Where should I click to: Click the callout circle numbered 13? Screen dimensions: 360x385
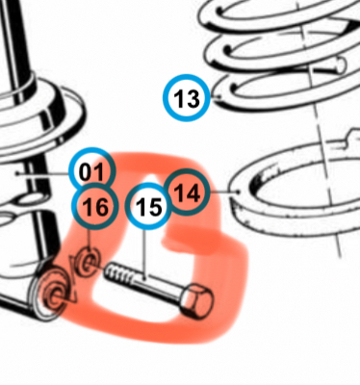point(187,97)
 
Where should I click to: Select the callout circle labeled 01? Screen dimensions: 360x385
point(91,170)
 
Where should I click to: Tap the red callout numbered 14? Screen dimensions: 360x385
point(187,192)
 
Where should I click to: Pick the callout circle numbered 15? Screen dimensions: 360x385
point(148,206)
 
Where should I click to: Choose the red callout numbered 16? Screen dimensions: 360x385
point(95,206)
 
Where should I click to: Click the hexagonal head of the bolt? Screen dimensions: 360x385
point(197,300)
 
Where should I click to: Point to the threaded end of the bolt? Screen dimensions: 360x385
point(118,273)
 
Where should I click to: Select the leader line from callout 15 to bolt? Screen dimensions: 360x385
point(144,254)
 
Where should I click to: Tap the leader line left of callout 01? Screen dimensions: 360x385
point(43,173)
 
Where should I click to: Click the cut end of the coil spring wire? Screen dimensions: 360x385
point(341,65)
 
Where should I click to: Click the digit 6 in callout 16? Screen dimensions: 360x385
point(101,207)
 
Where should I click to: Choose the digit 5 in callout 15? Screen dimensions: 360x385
point(154,207)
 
